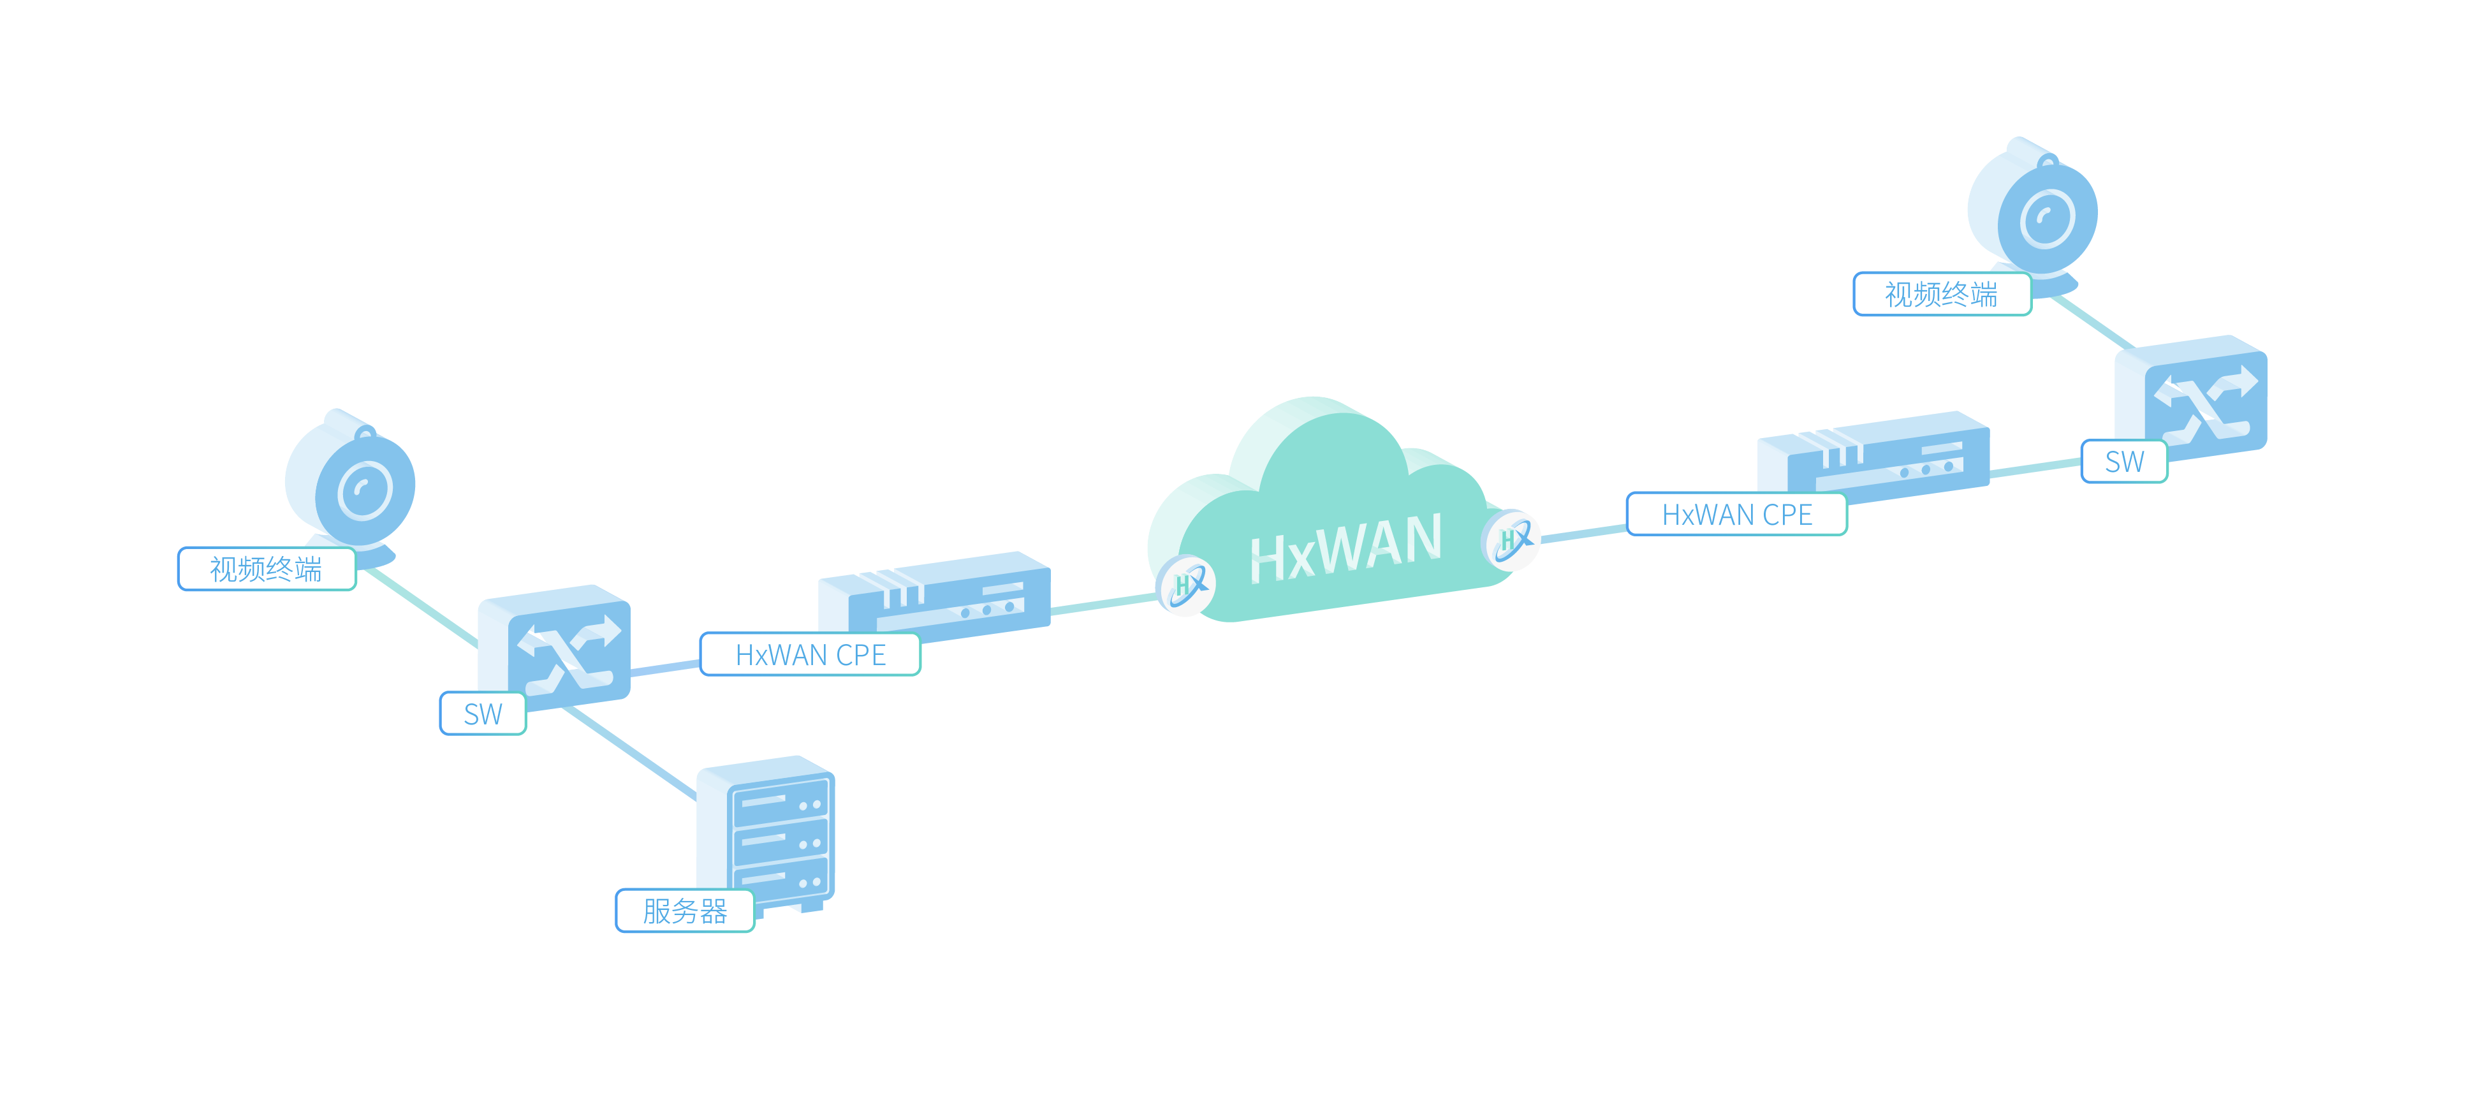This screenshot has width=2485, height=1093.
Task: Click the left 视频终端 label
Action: [267, 568]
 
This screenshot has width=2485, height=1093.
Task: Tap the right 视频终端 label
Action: [1941, 293]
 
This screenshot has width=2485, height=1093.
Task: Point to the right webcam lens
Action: [2047, 218]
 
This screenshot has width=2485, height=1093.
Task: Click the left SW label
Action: [482, 714]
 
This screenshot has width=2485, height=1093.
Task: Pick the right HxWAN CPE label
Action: [1736, 514]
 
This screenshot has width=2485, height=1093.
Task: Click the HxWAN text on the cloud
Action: [1345, 547]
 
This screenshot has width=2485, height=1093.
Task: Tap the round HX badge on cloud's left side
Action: [1185, 585]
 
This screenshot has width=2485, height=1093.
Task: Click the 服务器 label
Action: [684, 910]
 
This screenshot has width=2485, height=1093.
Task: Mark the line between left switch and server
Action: [629, 752]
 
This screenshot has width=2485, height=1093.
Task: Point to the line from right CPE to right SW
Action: [2035, 469]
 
